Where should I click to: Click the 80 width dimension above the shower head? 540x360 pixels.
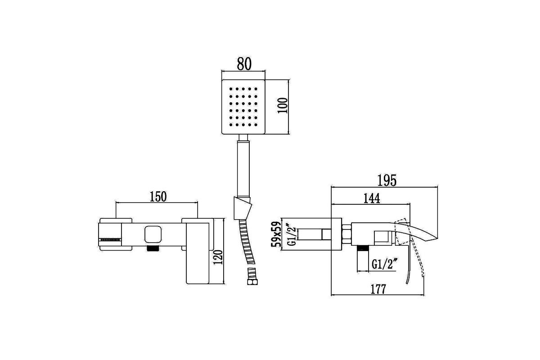(x=244, y=63)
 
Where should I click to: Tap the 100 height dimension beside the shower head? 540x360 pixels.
(x=283, y=105)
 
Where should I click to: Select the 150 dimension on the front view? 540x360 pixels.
(x=158, y=197)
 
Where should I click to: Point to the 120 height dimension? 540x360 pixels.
(x=218, y=257)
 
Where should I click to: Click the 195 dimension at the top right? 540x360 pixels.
(x=387, y=180)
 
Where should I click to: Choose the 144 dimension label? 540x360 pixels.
(x=372, y=198)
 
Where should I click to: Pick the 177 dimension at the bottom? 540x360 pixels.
(x=378, y=289)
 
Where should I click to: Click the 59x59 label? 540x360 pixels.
(x=276, y=234)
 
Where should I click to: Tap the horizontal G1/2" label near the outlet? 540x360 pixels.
(x=384, y=264)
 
